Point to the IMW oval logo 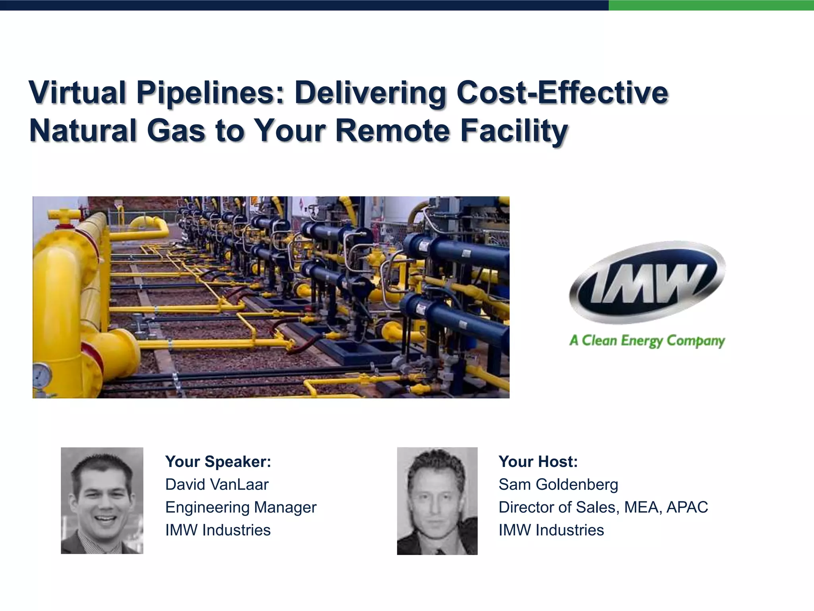pos(647,282)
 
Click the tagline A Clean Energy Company pos(647,341)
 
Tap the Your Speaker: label pos(218,461)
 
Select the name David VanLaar pos(217,485)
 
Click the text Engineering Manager pos(241,507)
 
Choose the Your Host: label pos(538,461)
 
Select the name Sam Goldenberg pos(558,485)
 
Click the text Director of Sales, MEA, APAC pos(603,507)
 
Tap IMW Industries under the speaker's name pos(218,530)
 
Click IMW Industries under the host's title pos(551,530)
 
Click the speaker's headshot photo pos(102,500)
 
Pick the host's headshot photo pos(437,501)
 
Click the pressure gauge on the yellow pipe pos(42,375)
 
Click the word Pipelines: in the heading pos(211,93)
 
